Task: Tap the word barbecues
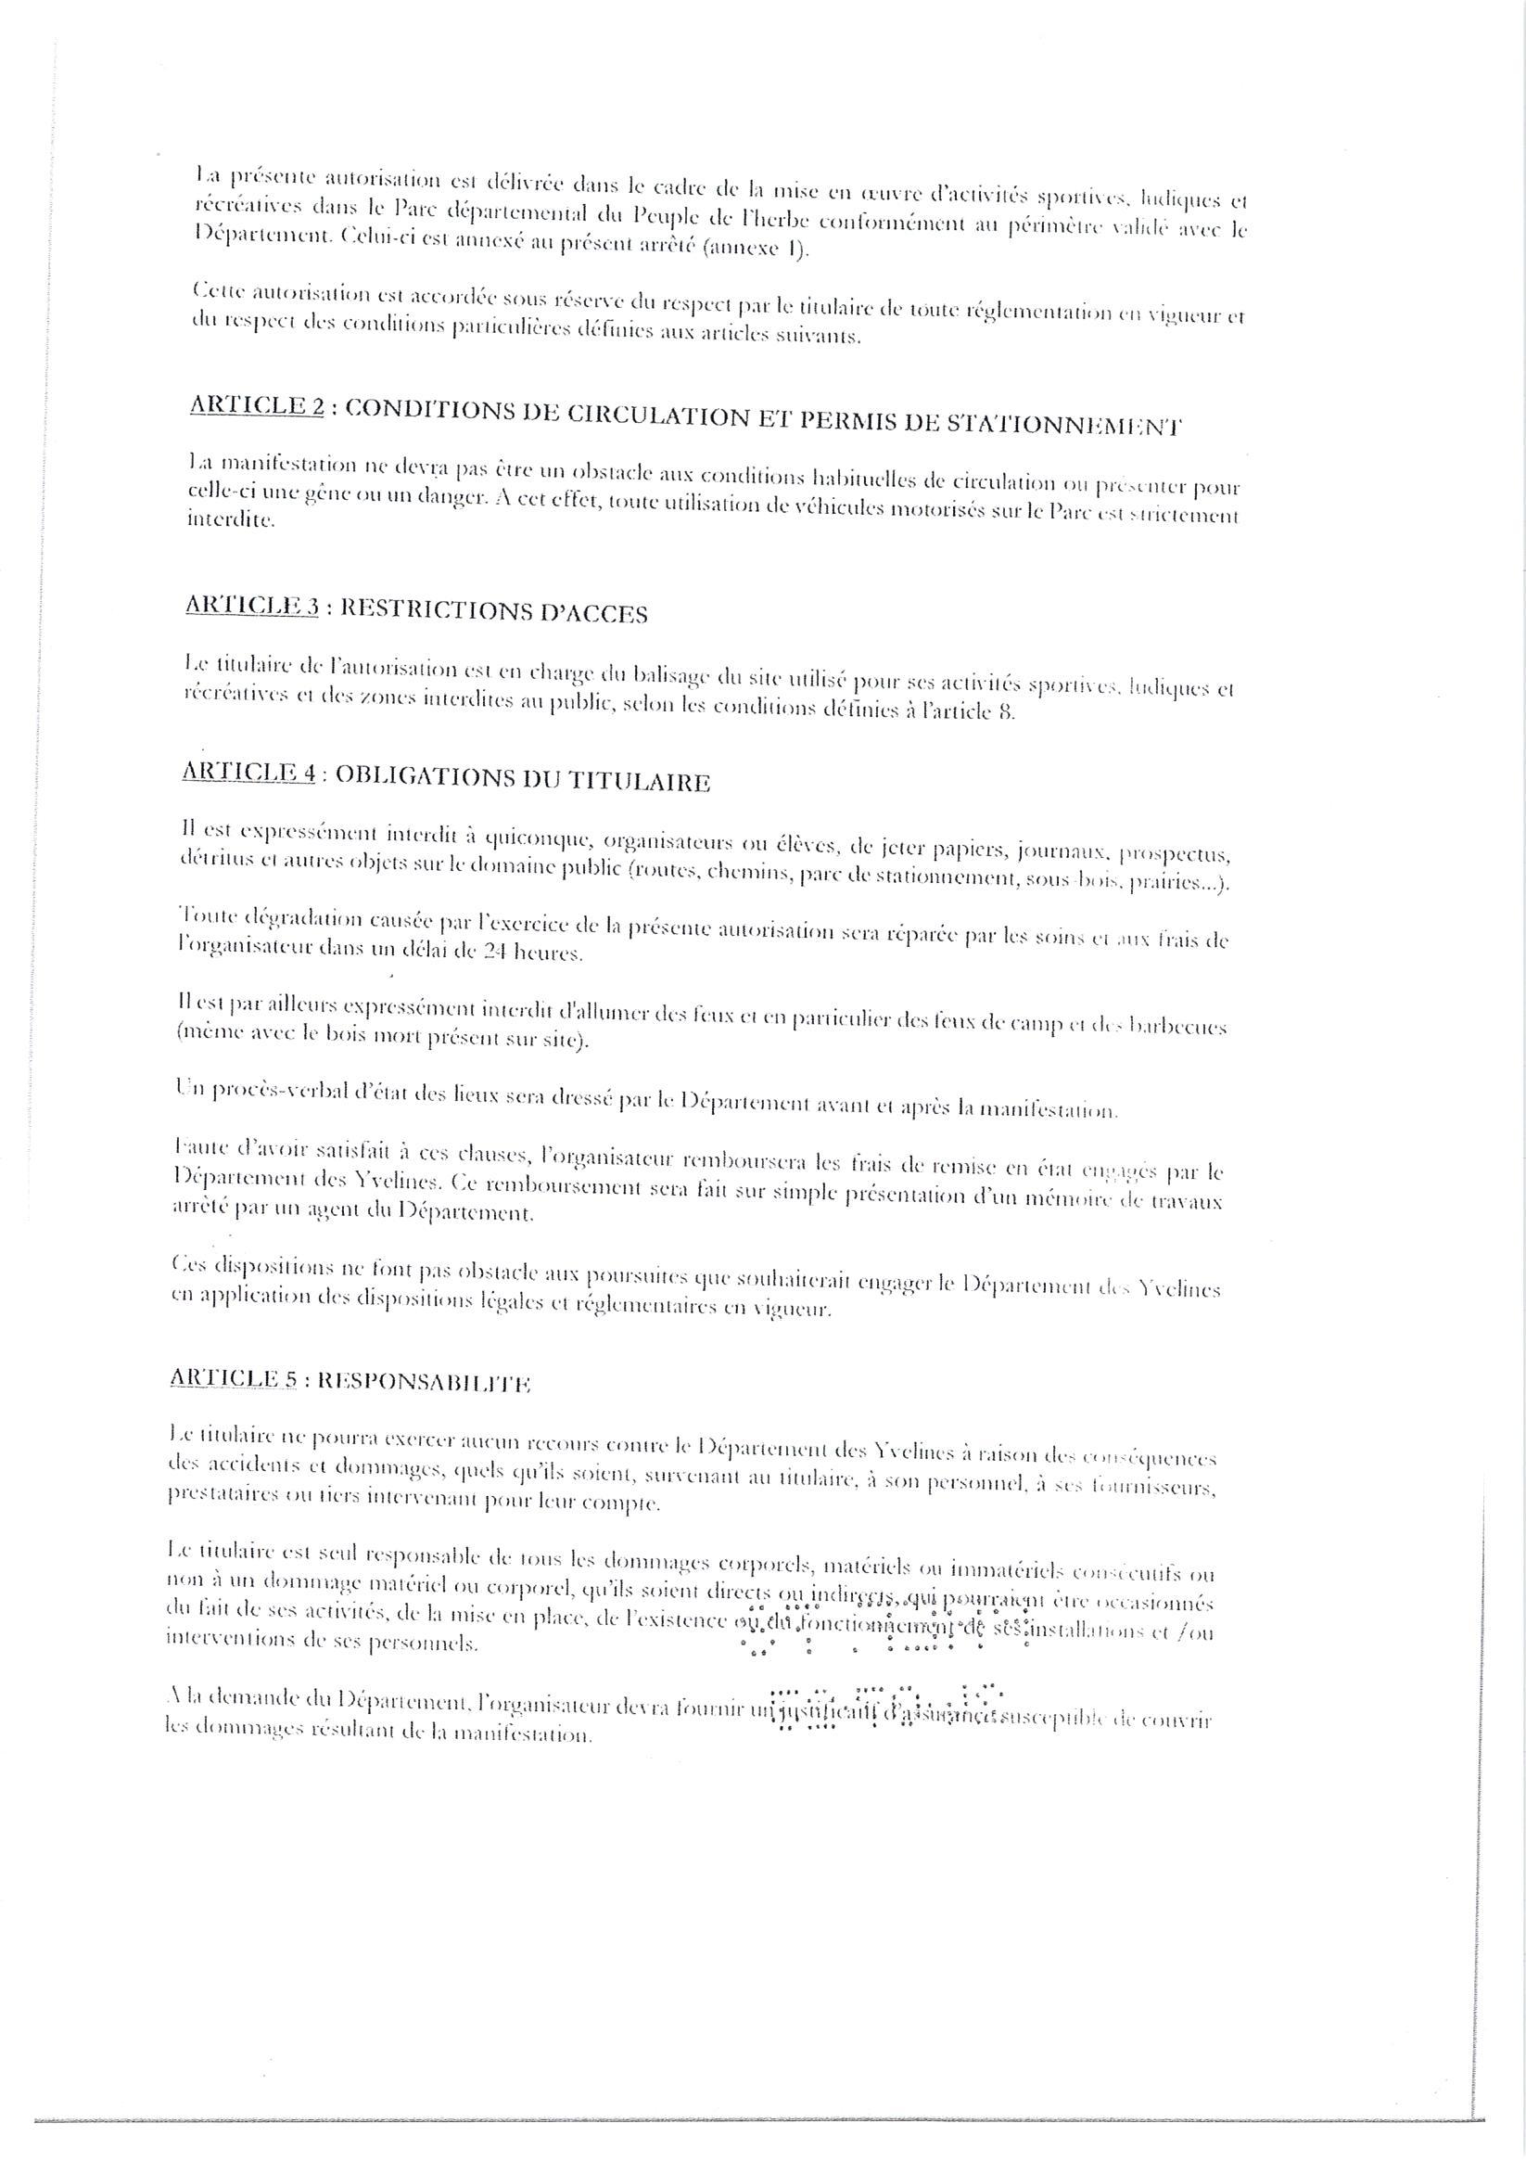tap(1182, 1028)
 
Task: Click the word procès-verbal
tap(290, 1090)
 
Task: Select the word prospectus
tap(1176, 855)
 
